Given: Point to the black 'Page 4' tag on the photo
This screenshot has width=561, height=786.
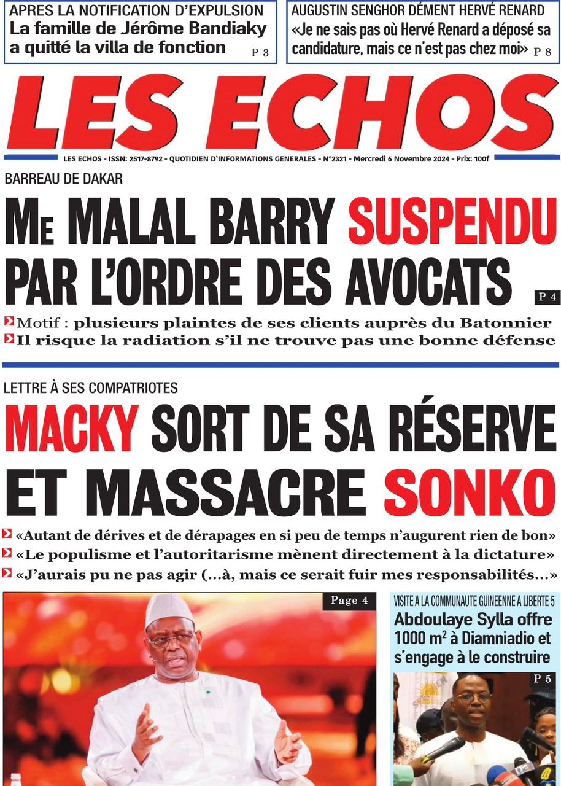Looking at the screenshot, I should pos(349,601).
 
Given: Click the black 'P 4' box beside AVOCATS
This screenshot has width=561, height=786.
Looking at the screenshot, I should pos(546,298).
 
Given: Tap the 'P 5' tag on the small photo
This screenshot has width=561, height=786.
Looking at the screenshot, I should pos(542,679).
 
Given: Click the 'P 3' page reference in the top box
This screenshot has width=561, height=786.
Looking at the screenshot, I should pos(260,53).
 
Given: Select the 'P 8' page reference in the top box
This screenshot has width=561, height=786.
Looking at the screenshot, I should pos(543,53).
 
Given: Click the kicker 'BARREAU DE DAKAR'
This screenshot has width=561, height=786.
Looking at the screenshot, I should pos(64,179).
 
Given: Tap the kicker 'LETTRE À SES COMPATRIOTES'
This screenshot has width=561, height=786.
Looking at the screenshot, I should pos(91,387).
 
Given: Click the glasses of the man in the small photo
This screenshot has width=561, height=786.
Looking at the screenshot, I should pos(474,698).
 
